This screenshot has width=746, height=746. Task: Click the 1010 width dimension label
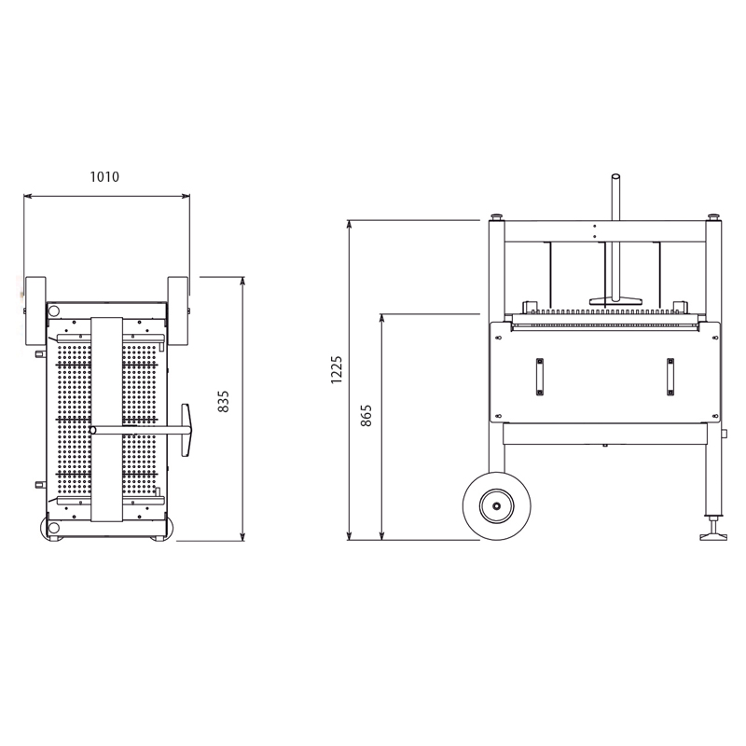pyautogui.click(x=104, y=177)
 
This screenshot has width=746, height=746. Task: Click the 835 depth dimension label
pyautogui.click(x=223, y=402)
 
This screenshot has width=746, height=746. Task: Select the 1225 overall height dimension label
pyautogui.click(x=337, y=369)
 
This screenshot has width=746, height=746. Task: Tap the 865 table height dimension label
pyautogui.click(x=366, y=416)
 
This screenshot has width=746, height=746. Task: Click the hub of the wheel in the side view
pyautogui.click(x=497, y=506)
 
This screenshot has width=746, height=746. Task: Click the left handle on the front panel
pyautogui.click(x=540, y=377)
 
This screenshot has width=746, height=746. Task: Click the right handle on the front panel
pyautogui.click(x=670, y=377)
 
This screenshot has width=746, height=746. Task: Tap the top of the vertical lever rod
pyautogui.click(x=615, y=176)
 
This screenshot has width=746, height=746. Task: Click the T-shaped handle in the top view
pyautogui.click(x=186, y=430)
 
